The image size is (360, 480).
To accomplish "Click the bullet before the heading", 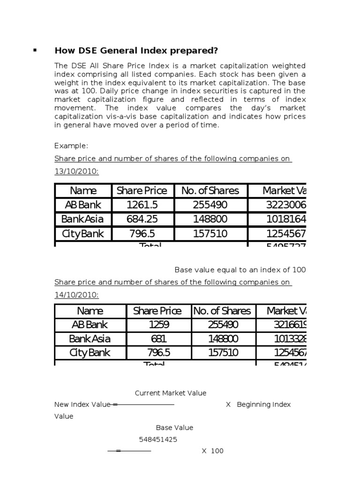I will tap(35, 50).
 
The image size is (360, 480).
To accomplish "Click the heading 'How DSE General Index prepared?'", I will tap(136, 51).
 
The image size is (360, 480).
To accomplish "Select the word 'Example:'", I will tap(71, 146).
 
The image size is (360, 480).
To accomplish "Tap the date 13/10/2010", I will tap(76, 172).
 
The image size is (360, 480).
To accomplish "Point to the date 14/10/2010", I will tap(76, 295).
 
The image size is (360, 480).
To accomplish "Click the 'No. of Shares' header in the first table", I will tap(210, 191).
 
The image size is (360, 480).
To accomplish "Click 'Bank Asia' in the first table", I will tap(82, 219).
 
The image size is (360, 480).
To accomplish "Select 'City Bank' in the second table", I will tap(90, 352).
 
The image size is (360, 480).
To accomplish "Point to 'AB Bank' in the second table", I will tap(90, 324).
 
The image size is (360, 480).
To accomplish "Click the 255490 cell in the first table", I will tap(210, 205).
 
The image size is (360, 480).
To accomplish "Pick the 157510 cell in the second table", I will tap(223, 352).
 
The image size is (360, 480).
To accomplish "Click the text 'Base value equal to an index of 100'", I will tap(240, 270).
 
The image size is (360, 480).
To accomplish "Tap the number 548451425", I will tap(158, 439).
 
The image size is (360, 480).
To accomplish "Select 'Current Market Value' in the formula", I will tap(171, 393).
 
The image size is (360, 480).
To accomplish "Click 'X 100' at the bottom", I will tap(212, 451).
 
